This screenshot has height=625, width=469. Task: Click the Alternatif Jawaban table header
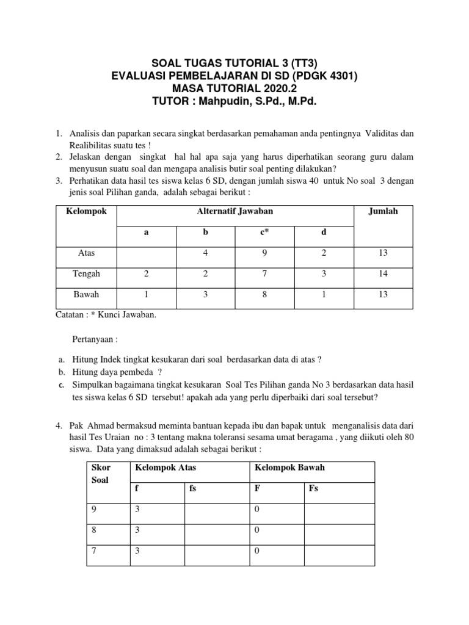[235, 211]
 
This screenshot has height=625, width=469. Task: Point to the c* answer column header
[264, 232]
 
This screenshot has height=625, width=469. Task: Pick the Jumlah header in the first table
[383, 211]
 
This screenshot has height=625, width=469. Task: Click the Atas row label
[85, 253]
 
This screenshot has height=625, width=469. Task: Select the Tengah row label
[85, 274]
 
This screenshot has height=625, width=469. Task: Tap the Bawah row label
[85, 294]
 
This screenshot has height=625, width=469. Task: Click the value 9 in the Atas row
[264, 253]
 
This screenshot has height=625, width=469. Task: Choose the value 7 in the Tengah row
[264, 274]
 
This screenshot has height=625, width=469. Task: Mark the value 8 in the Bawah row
[264, 294]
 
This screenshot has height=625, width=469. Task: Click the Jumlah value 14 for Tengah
[383, 274]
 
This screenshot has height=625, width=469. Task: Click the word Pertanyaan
[92, 340]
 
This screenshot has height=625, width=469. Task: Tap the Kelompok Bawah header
[286, 468]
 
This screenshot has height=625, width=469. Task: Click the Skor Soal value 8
[93, 530]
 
